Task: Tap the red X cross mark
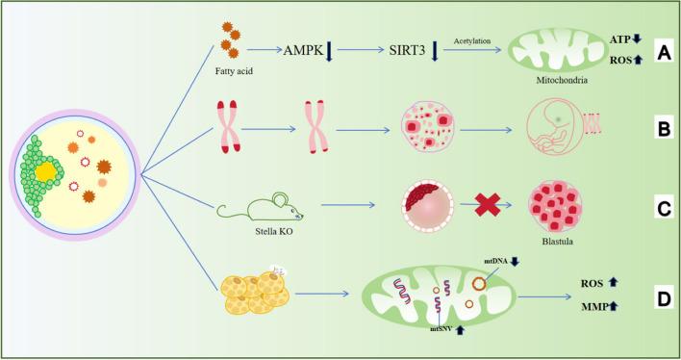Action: click(x=485, y=203)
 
